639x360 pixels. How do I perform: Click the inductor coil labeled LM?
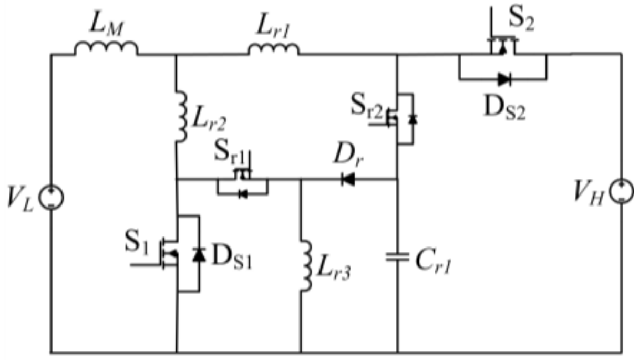(x=106, y=48)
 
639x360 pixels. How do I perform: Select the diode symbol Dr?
(x=348, y=180)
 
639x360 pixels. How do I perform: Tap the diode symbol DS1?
(x=199, y=254)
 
